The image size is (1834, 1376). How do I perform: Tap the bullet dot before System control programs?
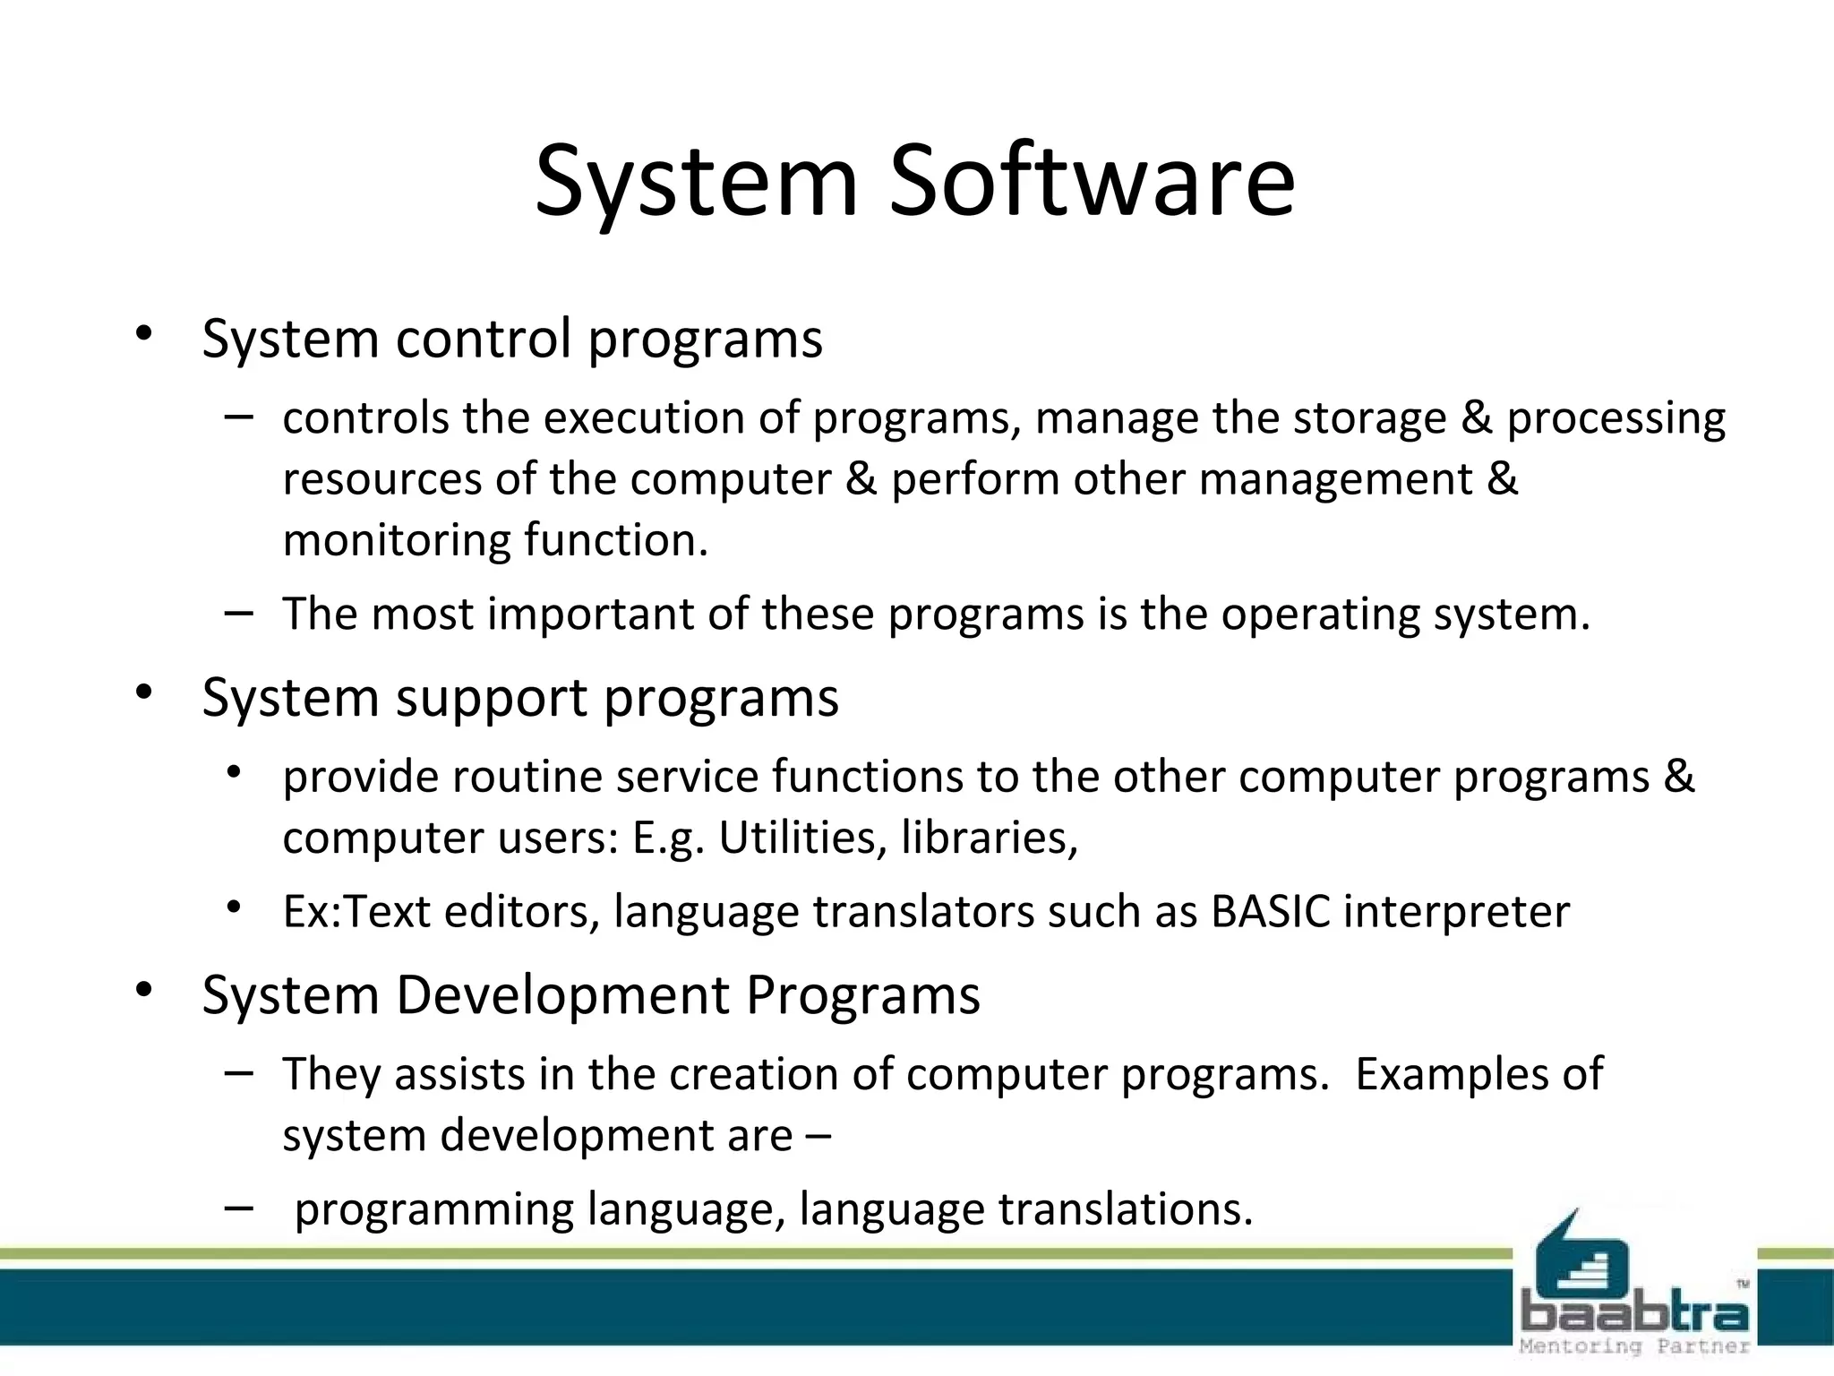pyautogui.click(x=144, y=334)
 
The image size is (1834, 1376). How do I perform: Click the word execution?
pyautogui.click(x=645, y=418)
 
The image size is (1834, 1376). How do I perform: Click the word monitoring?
pyautogui.click(x=396, y=541)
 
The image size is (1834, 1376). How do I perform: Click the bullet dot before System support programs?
pyautogui.click(x=144, y=692)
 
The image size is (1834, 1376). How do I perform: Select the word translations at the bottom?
pyautogui.click(x=1125, y=1209)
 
